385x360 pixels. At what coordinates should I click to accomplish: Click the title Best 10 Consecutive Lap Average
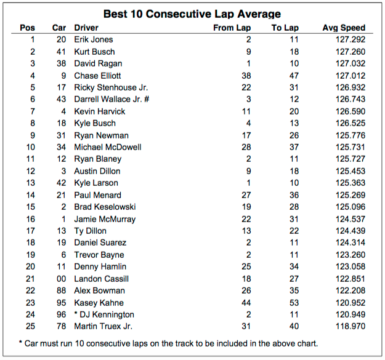[192, 14]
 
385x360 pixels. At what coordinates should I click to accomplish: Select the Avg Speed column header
[344, 28]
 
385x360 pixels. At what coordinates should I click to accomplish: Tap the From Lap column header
[232, 28]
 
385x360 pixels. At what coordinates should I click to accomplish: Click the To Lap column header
[285, 28]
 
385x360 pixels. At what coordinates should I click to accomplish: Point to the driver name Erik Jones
[94, 39]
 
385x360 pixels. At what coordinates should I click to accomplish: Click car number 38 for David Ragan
[60, 63]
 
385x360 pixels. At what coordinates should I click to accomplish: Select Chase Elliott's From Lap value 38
[246, 76]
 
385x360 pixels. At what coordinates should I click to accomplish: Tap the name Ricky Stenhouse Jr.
[111, 87]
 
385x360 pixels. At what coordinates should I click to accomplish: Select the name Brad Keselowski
[105, 207]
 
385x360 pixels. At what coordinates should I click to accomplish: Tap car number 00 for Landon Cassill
[60, 279]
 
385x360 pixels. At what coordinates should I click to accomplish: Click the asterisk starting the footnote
[21, 343]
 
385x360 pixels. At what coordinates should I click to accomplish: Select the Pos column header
[28, 28]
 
